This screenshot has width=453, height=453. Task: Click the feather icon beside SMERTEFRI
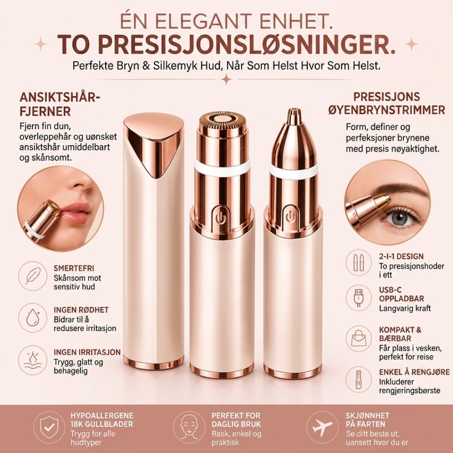point(33,276)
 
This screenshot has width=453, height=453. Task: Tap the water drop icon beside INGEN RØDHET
point(33,318)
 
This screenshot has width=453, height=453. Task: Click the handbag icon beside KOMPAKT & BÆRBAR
point(359,338)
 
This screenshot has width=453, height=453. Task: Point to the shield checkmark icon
point(49,427)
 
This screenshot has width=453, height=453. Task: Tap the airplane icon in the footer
point(322,427)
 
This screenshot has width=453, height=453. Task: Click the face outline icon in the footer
point(189,427)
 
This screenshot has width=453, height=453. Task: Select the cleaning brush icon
point(359,379)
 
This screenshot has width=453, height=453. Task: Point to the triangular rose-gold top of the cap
point(154,144)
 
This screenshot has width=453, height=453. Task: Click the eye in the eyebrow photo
point(401,217)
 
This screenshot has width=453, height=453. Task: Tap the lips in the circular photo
point(75,212)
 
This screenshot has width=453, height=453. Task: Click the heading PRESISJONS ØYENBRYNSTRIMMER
point(386,103)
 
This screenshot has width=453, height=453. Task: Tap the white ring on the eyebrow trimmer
point(294,171)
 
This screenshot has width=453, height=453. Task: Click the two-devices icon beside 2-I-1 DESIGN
point(359,262)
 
